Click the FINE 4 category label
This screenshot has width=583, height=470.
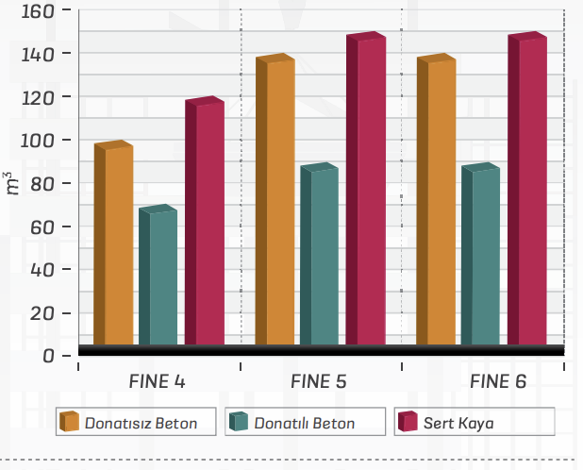pos(157,382)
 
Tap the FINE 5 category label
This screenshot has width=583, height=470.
pos(318,382)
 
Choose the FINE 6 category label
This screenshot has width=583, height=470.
pos(498,382)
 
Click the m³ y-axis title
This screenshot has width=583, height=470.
pos(10,183)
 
